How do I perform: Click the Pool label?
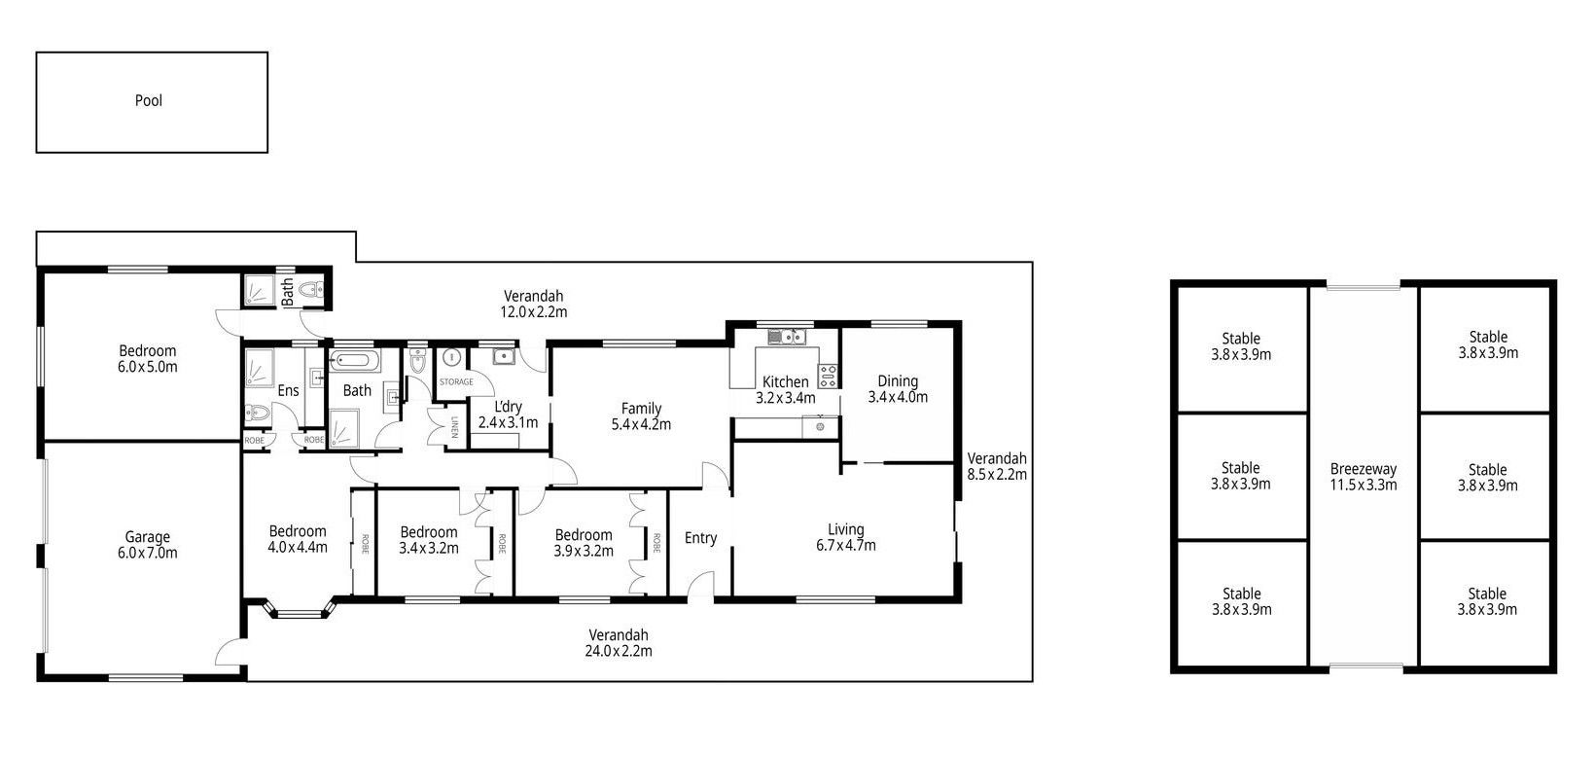149,100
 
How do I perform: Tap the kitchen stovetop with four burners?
828,376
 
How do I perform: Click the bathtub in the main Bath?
355,360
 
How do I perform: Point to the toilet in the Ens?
258,413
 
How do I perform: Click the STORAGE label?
456,381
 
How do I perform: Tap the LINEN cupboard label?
454,426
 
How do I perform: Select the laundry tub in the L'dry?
504,356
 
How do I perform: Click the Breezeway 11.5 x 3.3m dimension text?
1364,485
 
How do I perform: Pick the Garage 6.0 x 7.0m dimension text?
148,553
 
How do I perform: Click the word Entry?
700,538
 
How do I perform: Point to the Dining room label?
898,381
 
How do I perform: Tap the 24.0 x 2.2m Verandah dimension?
619,651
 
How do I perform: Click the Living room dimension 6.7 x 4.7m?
846,546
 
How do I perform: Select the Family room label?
642,408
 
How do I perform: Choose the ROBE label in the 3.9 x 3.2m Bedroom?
656,543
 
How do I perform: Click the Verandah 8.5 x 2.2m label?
997,466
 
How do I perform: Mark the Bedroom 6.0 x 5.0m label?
148,359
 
